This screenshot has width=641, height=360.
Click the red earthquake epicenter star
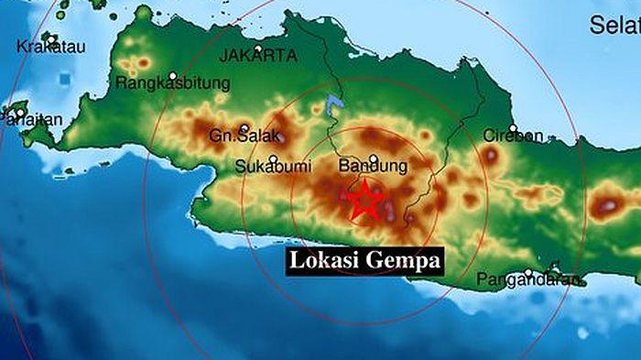[365, 199]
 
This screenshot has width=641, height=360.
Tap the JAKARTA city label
[258, 56]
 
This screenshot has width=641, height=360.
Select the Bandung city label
[373, 167]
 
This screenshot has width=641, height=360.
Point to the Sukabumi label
[269, 167]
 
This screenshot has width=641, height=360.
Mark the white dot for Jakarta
[259, 48]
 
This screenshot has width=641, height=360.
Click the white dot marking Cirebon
[513, 128]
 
